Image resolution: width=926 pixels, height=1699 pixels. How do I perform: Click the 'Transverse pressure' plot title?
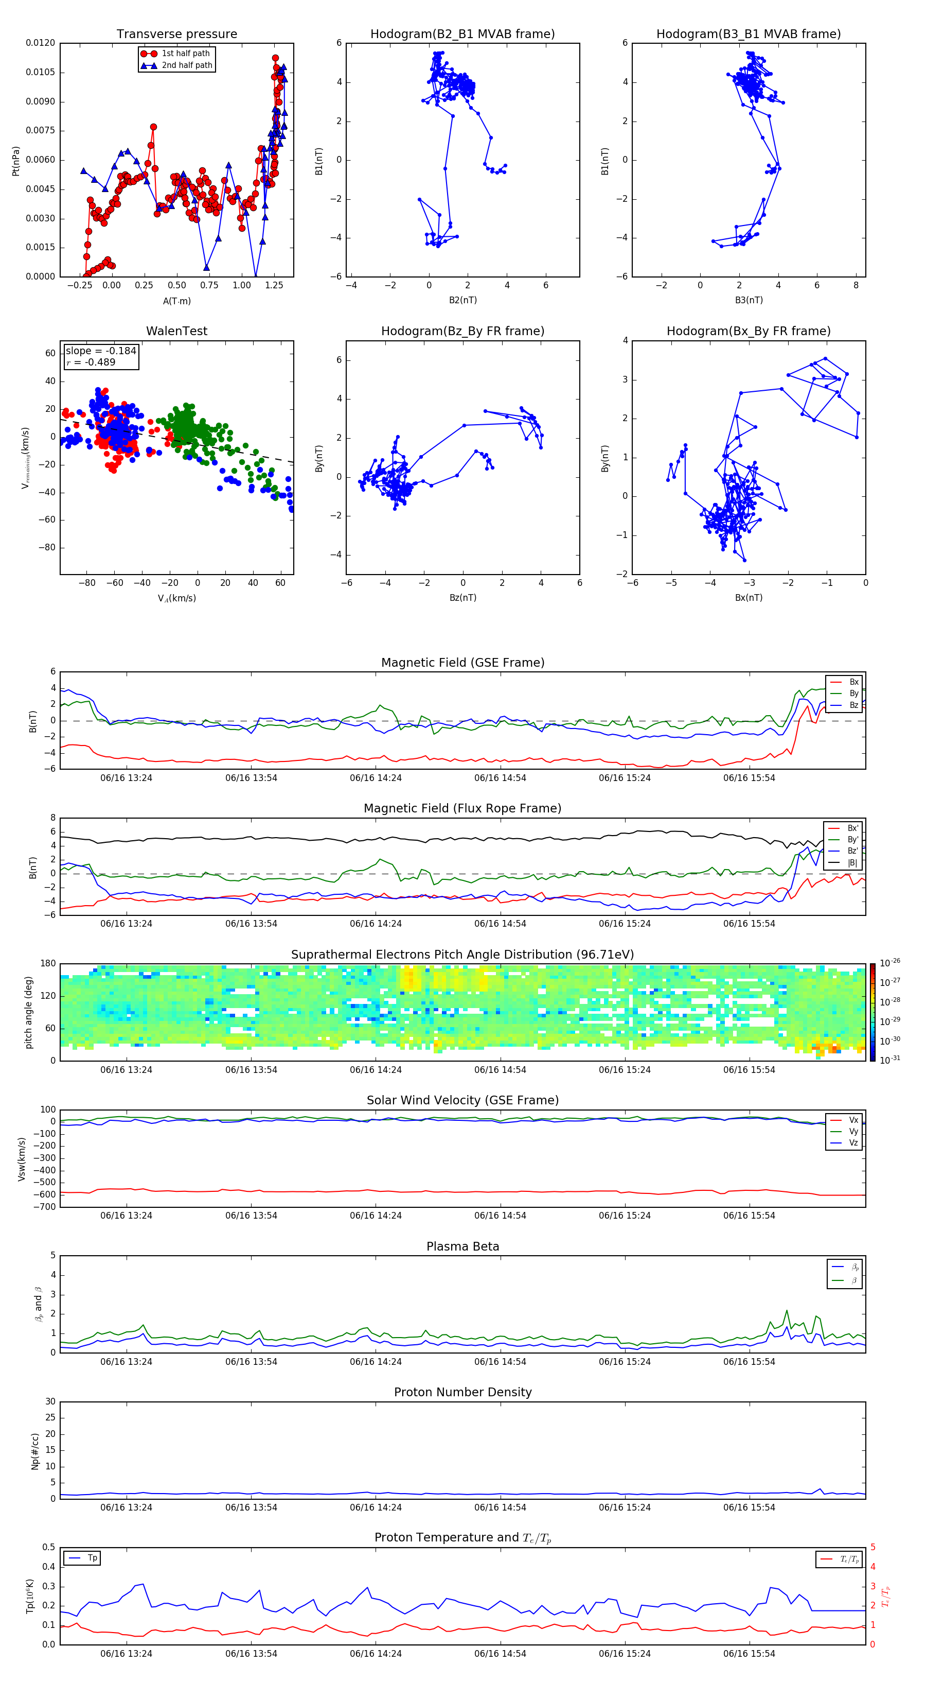pos(176,34)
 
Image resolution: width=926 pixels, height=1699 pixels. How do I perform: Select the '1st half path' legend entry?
pos(185,54)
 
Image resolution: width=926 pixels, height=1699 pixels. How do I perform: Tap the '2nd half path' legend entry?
pos(187,65)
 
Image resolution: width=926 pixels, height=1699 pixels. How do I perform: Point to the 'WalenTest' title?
pos(176,331)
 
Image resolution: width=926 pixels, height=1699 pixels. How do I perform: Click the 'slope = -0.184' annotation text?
pos(100,351)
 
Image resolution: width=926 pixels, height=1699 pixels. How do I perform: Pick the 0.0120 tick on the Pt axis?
pos(40,43)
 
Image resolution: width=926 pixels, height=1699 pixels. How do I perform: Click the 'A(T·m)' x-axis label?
pos(176,301)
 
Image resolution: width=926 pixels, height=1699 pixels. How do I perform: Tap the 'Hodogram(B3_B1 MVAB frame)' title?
pos(748,34)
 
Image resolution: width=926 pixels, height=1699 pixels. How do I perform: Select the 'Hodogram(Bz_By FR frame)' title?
pos(462,331)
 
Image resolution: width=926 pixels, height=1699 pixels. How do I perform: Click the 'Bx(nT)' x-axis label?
pos(748,598)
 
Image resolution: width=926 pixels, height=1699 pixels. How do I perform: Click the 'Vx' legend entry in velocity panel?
pos(853,1120)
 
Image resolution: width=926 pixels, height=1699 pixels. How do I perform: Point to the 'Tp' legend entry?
pos(92,1558)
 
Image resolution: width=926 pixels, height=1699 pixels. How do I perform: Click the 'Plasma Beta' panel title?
pos(462,1246)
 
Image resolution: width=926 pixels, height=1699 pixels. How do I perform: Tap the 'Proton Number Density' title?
pos(462,1392)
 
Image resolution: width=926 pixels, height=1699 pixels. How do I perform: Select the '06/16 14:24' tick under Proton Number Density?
pos(376,1507)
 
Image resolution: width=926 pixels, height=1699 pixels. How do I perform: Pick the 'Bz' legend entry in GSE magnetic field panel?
pos(853,705)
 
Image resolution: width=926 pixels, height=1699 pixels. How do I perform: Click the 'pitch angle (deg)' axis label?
pos(28,1012)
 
